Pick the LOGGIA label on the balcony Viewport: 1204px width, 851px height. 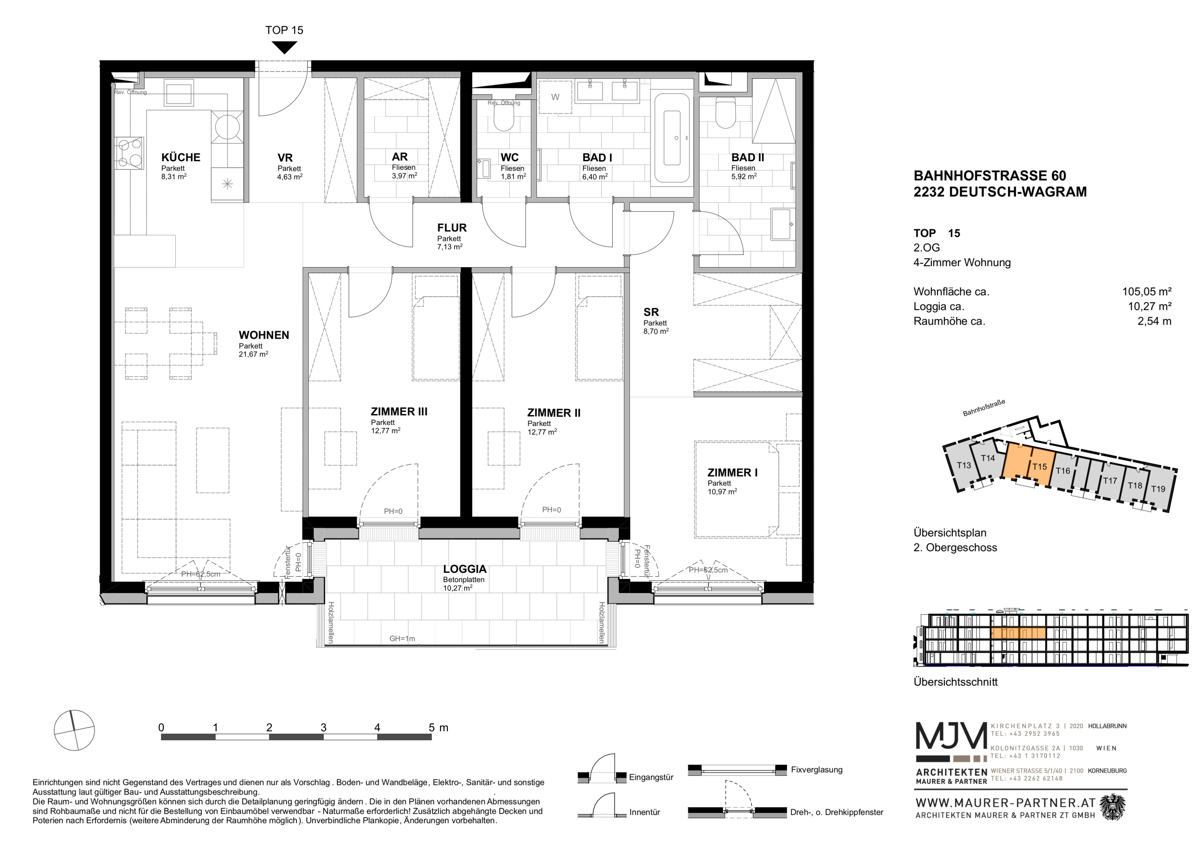(465, 569)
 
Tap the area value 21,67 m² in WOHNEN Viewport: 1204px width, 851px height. (253, 354)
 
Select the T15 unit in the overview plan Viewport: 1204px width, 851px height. (1039, 466)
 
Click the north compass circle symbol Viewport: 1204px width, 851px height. (74, 730)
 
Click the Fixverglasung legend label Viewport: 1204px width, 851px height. (816, 770)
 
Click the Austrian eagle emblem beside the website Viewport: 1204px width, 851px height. (1113, 807)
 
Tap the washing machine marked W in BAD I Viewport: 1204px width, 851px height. (555, 97)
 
